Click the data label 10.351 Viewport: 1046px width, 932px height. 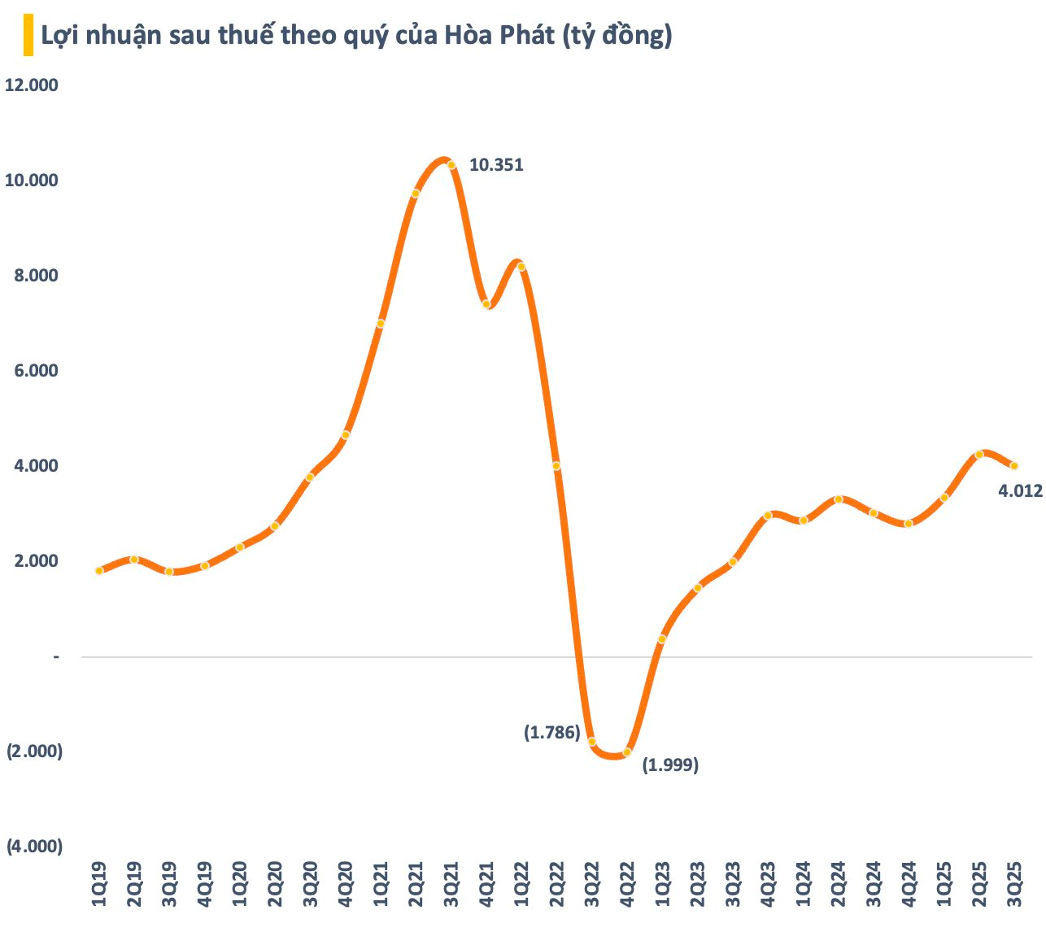(496, 165)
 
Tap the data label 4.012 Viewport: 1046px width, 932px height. (1021, 491)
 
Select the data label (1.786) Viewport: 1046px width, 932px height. (552, 733)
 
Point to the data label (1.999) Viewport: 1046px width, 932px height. (671, 764)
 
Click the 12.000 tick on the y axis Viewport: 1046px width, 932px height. (32, 85)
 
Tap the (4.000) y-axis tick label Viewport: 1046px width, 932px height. (34, 847)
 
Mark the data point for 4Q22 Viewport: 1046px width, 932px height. (626, 752)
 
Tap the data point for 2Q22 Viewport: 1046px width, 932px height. (556, 466)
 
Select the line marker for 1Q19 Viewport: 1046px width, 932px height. (99, 571)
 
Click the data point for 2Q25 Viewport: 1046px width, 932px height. (979, 455)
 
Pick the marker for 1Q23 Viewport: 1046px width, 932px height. (662, 639)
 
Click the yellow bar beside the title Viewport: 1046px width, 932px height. (28, 36)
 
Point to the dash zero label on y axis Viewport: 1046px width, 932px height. (56, 656)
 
